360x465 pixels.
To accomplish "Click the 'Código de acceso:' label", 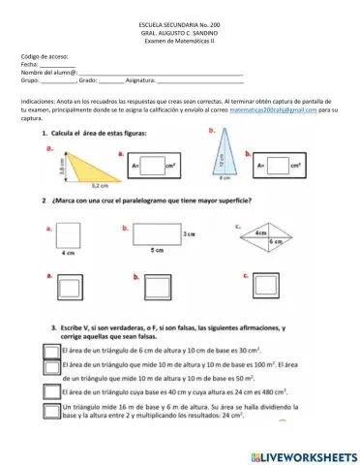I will [45, 57].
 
